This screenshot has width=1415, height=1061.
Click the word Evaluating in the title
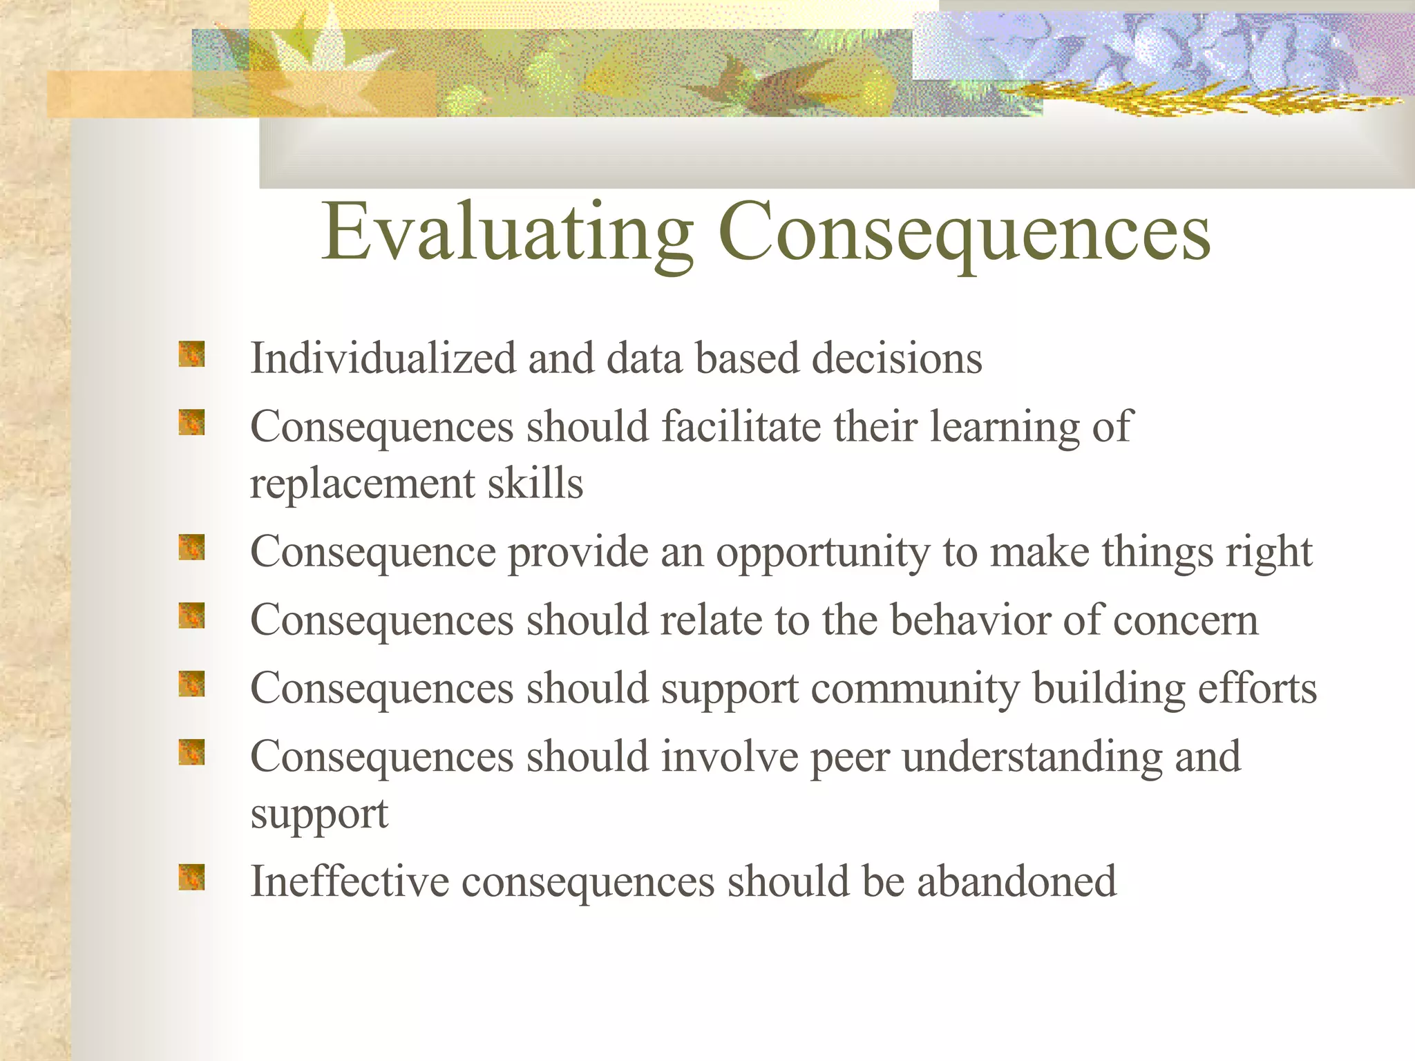[x=508, y=233]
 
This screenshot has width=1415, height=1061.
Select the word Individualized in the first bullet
[x=383, y=359]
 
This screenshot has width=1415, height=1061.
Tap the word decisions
[x=896, y=359]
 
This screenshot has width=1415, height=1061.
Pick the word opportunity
[x=822, y=553]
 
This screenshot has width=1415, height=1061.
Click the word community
[x=915, y=689]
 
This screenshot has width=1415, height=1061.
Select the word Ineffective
[x=349, y=881]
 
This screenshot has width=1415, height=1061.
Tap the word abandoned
[x=1016, y=881]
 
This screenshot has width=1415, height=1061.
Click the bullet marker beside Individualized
[x=191, y=354]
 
